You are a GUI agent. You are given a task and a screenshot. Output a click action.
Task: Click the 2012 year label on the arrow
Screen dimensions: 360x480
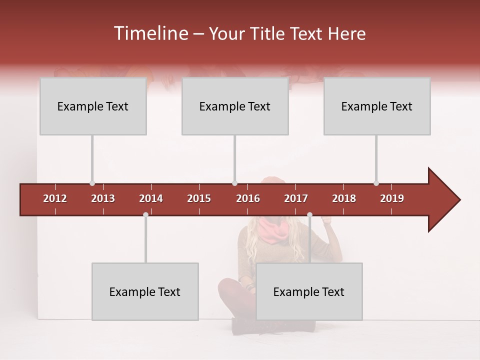pyautogui.click(x=55, y=198)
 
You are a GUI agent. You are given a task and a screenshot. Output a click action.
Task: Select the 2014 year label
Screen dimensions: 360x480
pyautogui.click(x=151, y=198)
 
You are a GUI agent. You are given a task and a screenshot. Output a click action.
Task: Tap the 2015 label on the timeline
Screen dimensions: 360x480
pyautogui.click(x=199, y=198)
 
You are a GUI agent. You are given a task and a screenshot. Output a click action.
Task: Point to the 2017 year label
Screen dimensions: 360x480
pyautogui.click(x=296, y=198)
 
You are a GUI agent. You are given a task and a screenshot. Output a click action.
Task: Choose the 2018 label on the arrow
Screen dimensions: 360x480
pyautogui.click(x=344, y=198)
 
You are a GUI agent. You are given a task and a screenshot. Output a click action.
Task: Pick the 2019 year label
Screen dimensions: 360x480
pyautogui.click(x=392, y=198)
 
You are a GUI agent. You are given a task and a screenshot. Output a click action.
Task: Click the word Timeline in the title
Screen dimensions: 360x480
pyautogui.click(x=150, y=33)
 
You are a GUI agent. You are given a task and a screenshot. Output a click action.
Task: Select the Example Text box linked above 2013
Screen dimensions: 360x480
pyautogui.click(x=93, y=106)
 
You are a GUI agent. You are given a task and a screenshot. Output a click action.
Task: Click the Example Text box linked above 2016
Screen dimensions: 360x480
pyautogui.click(x=235, y=106)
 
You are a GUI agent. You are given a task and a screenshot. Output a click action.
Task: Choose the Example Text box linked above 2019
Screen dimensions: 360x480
pyautogui.click(x=377, y=106)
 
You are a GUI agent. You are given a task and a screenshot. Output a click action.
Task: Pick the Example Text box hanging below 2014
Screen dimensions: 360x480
pyautogui.click(x=145, y=291)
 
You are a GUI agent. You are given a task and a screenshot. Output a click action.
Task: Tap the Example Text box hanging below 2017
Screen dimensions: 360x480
pyautogui.click(x=309, y=291)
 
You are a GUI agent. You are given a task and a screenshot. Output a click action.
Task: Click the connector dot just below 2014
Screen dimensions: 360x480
pyautogui.click(x=145, y=214)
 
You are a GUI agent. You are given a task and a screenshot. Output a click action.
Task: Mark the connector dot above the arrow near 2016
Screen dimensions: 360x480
pyautogui.click(x=235, y=183)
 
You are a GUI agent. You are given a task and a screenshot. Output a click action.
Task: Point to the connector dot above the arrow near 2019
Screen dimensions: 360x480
pyautogui.click(x=376, y=183)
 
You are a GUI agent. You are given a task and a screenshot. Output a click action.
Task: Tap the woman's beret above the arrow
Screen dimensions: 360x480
pyautogui.click(x=272, y=180)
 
